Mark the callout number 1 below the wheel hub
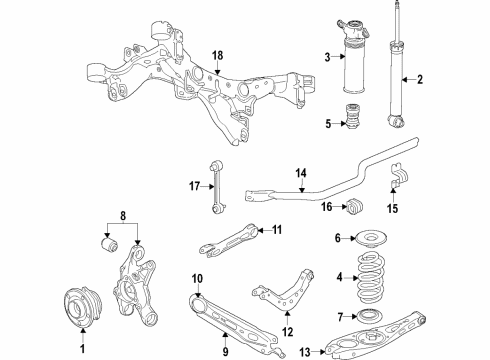(x=83, y=349)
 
